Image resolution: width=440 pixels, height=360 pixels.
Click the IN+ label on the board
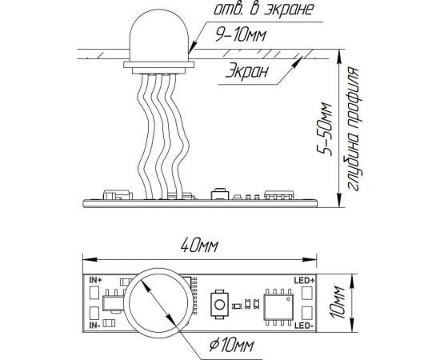tap(95, 280)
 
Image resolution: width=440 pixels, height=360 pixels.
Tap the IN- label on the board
tap(95, 326)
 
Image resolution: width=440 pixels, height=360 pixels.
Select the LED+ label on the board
tap(305, 280)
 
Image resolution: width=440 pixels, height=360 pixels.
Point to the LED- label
tap(304, 326)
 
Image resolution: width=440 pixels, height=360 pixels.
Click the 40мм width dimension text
tap(199, 246)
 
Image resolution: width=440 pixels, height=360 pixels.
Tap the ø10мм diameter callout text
tap(232, 346)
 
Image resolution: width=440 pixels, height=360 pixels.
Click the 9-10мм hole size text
tap(240, 35)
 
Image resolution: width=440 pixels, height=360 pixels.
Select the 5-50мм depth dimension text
tap(325, 130)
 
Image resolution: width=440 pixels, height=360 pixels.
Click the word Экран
tap(247, 70)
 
